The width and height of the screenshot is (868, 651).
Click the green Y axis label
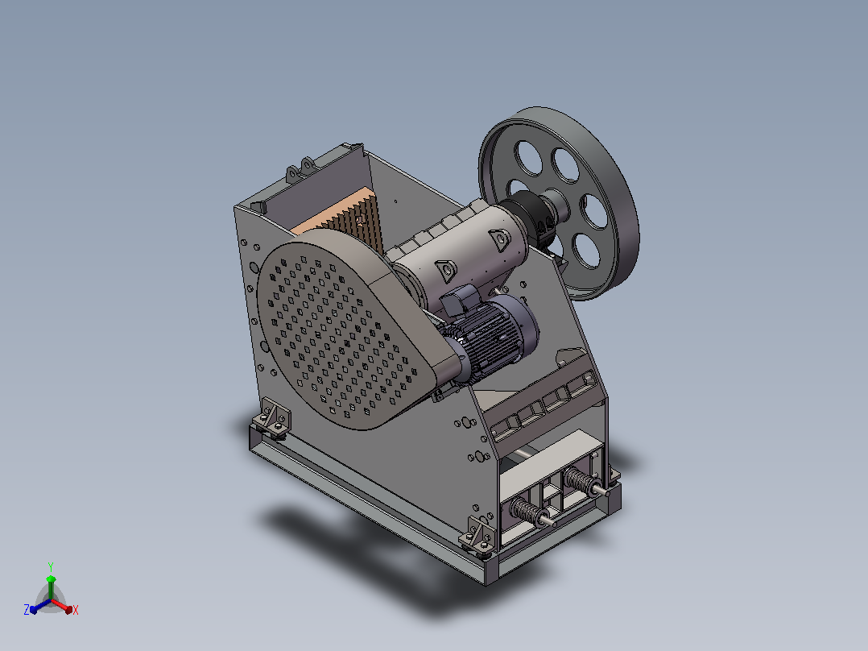point(51,566)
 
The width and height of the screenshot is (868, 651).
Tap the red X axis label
point(76,610)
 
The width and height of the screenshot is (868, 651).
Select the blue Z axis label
point(27,609)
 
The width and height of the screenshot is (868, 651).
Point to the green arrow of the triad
point(51,587)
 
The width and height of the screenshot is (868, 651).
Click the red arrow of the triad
point(62,606)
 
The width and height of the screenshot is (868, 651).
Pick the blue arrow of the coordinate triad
point(40,606)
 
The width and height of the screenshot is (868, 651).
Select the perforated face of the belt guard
point(337,335)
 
